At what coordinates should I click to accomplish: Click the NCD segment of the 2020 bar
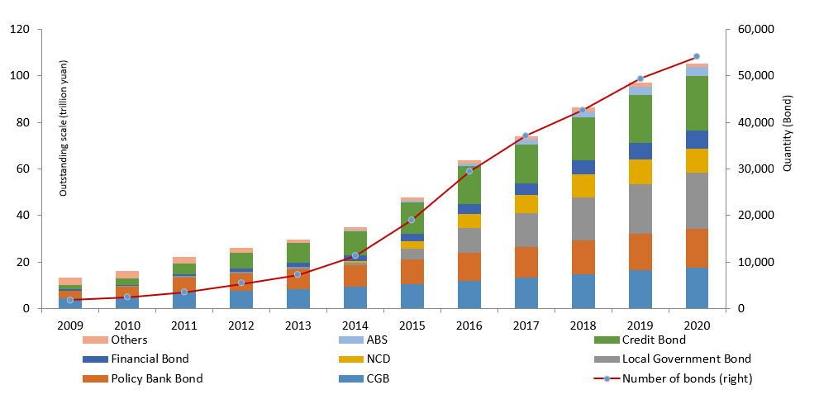point(696,160)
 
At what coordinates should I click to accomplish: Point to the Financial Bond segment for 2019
point(639,150)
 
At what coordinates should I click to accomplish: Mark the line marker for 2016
point(469,171)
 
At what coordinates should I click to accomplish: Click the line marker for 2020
point(696,56)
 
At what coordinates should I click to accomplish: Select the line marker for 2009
point(70,300)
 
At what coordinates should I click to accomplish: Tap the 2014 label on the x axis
point(355,325)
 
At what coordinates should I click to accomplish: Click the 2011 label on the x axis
point(184,325)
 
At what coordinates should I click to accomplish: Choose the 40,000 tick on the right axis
point(752,122)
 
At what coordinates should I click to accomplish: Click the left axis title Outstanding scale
point(63,128)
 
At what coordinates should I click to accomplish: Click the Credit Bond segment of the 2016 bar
point(469,185)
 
